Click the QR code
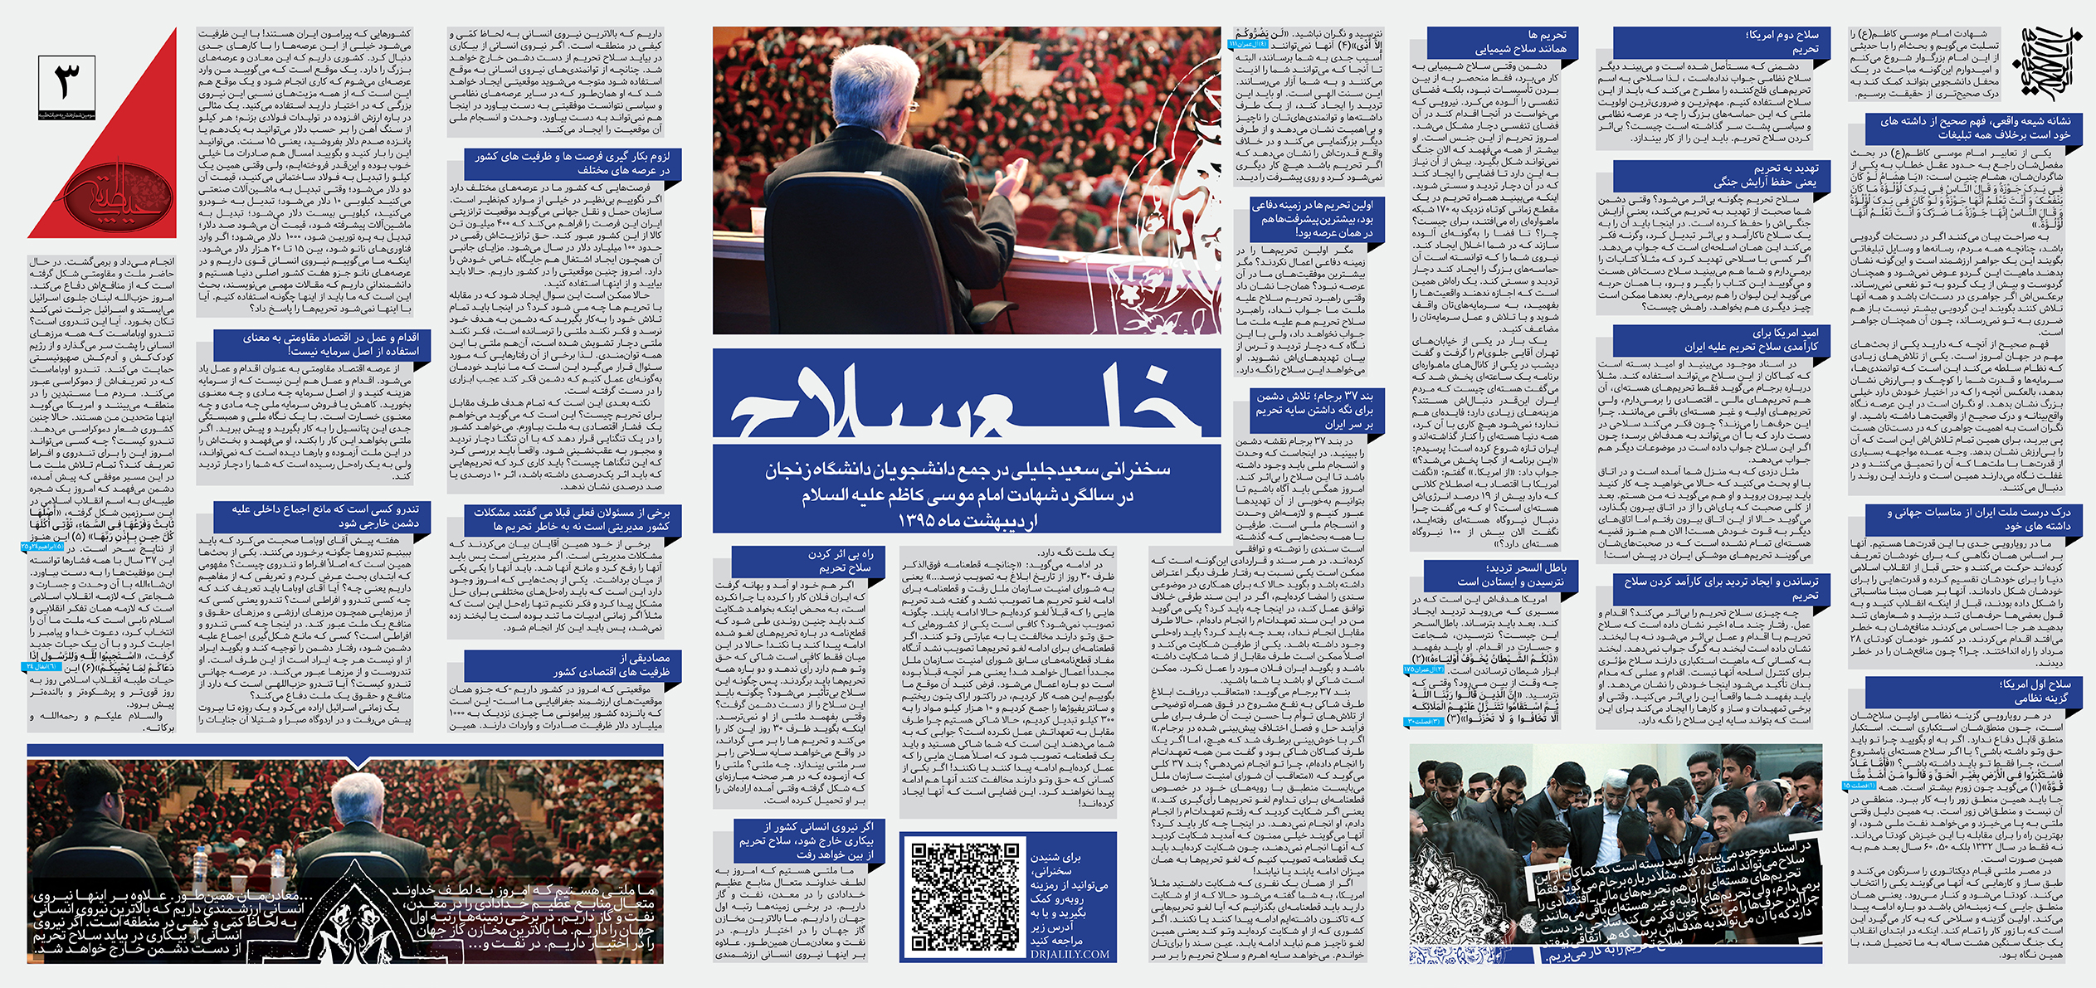pos(965,896)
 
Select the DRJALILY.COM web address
pos(1070,955)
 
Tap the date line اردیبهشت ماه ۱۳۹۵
pos(968,520)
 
